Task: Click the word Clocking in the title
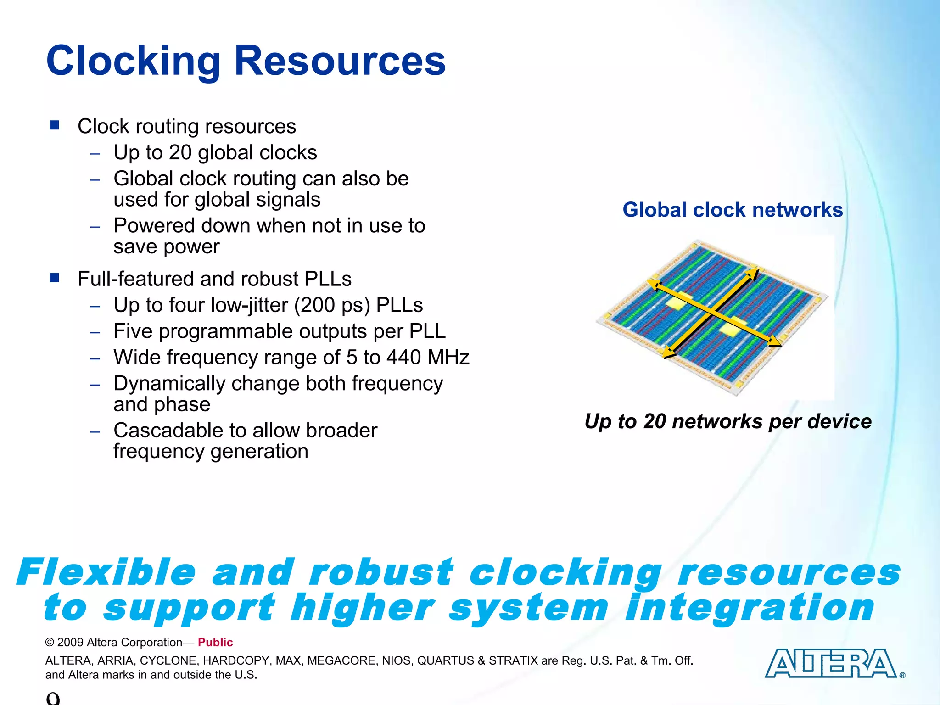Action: pyautogui.click(x=134, y=61)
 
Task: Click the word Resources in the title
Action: pyautogui.click(x=340, y=61)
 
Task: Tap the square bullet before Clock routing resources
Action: pyautogui.click(x=55, y=125)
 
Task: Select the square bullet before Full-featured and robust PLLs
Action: pyautogui.click(x=55, y=278)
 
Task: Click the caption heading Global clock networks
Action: pyautogui.click(x=733, y=210)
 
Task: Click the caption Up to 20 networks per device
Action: pyautogui.click(x=728, y=421)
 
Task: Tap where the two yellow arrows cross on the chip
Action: pyautogui.click(x=713, y=313)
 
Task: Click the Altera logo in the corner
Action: pyautogui.click(x=831, y=664)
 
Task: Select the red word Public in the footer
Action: pyautogui.click(x=215, y=643)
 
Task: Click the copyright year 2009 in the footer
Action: pyautogui.click(x=70, y=643)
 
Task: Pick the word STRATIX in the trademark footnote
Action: pyautogui.click(x=513, y=661)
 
